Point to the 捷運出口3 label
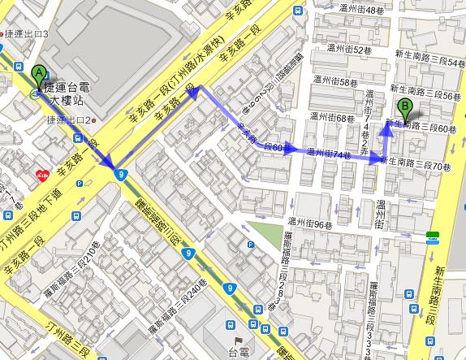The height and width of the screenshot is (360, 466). [27, 35]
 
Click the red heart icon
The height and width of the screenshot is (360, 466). [41, 174]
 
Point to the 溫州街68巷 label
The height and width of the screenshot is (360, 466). [334, 118]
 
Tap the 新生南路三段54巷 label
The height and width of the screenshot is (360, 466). [429, 62]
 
